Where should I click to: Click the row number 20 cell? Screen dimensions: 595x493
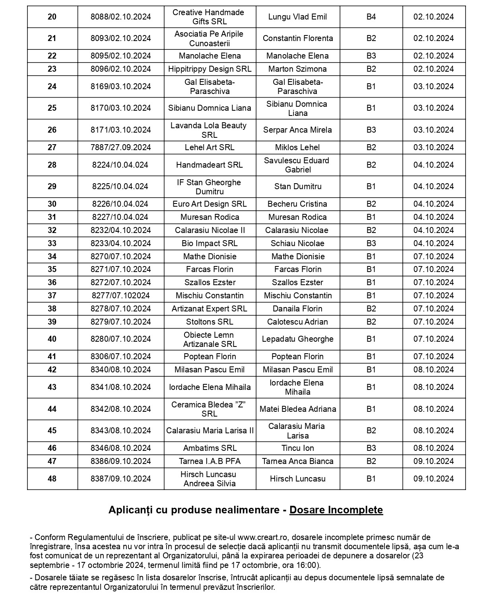(52, 17)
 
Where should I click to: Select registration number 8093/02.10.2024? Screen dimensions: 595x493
(120, 38)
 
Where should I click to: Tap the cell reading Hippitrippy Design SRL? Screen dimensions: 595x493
(210, 69)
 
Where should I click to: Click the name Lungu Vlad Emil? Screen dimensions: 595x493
(297, 17)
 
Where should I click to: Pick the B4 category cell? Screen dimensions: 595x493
(371, 17)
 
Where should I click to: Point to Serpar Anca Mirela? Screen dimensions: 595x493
(297, 130)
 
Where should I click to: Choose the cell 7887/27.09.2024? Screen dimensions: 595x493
(120, 147)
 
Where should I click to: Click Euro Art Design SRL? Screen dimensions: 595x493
(210, 204)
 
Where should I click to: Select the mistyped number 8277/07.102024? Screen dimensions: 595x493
(120, 296)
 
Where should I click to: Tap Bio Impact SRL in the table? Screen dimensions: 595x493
(210, 243)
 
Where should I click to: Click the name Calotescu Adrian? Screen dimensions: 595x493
(297, 322)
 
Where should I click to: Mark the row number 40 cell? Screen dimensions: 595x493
(52, 339)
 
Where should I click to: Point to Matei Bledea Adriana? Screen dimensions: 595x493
(297, 409)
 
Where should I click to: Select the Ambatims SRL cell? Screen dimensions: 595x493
(210, 448)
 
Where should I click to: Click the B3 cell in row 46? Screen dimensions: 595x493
(371, 448)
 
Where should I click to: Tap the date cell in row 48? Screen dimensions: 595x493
(433, 479)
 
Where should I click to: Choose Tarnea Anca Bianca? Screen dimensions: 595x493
(297, 461)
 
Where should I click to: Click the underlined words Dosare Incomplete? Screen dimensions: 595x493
(336, 510)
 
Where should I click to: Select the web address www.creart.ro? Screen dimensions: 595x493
(260, 538)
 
